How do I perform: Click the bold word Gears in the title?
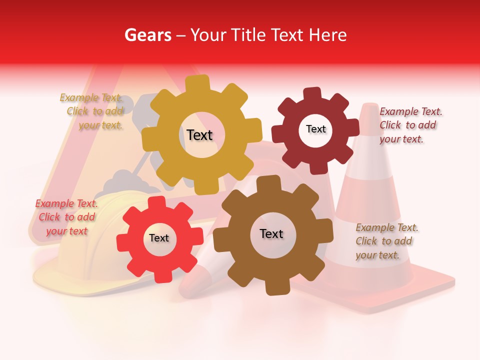coord(147,35)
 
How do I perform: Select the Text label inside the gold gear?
coord(199,135)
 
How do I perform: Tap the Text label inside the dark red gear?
coord(315,129)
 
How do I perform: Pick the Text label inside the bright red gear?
coord(159,238)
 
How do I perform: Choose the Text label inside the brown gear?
coord(271,233)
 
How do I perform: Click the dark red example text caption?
coord(410,125)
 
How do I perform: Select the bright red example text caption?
coord(66,217)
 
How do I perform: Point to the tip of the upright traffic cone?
coord(369,106)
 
